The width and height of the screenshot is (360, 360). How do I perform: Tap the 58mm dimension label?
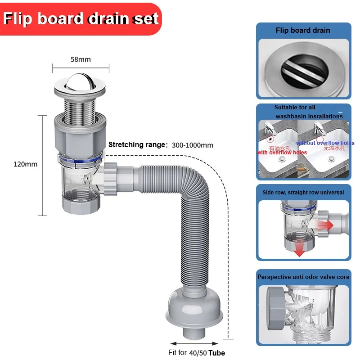pos(81,59)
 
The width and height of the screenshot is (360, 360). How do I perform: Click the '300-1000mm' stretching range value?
pos(193,145)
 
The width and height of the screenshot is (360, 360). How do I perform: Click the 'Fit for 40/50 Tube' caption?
pos(197,352)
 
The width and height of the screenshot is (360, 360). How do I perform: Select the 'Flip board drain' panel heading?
pos(303,31)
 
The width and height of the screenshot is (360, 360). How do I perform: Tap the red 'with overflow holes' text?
pos(282,153)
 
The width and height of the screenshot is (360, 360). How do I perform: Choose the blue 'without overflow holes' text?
pos(325,143)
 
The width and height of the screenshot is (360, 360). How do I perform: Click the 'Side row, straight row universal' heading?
pos(303,192)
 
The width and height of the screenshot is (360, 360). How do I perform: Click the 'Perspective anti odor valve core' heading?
pos(303,277)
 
